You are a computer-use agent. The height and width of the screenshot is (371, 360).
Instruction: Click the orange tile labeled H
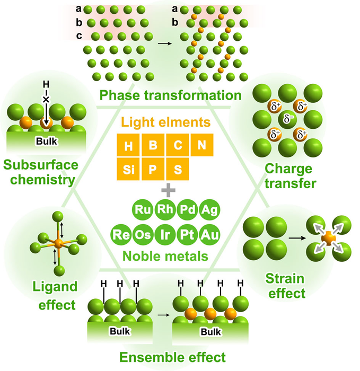point(129,145)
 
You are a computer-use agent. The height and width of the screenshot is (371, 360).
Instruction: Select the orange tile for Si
point(129,169)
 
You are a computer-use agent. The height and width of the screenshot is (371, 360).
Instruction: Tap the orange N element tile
point(202,145)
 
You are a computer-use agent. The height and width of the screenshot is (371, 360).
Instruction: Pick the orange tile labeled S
point(178,169)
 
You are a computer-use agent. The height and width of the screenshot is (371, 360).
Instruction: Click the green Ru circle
point(143,209)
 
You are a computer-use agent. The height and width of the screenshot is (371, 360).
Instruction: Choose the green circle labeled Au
point(210,234)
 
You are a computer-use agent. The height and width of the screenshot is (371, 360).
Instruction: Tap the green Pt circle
point(187,234)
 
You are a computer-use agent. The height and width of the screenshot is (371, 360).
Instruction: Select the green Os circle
point(143,234)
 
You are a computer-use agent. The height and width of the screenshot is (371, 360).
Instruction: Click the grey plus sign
point(168,190)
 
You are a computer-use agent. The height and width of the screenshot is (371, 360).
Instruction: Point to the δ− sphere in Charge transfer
point(287,118)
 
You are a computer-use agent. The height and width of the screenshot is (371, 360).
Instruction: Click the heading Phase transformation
point(170,95)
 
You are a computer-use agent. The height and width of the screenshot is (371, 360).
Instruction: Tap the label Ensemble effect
point(172,357)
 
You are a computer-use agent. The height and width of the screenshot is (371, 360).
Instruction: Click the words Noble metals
point(165,256)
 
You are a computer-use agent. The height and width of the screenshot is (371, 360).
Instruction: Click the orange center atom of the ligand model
point(58,243)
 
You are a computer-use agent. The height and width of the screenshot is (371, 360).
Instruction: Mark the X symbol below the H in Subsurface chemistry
point(46,100)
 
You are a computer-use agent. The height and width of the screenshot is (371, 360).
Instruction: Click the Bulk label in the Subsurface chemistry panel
point(47,142)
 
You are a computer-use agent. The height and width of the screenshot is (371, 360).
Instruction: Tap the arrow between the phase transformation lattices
point(165,43)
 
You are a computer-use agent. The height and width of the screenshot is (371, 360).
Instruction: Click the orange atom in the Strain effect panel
point(329,238)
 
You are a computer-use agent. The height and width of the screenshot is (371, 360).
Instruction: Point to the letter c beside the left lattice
point(79,36)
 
